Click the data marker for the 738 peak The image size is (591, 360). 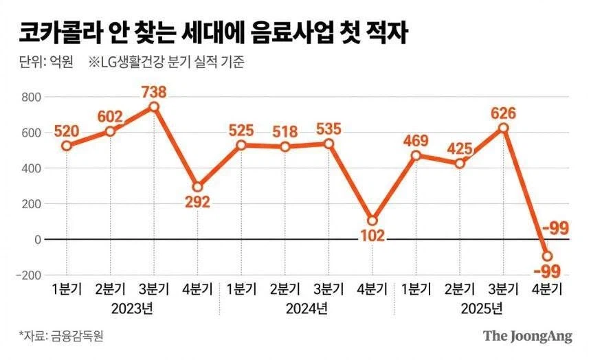[x=154, y=106]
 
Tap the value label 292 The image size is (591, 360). [x=197, y=202]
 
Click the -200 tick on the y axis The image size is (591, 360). [x=28, y=275]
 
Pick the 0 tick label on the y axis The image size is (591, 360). [x=37, y=239]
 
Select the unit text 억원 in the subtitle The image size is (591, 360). [x=58, y=62]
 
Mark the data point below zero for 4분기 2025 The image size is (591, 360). [x=548, y=256]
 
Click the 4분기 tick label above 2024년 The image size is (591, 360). [x=372, y=288]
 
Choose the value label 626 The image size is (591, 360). [x=503, y=113]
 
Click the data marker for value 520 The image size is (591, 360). [x=66, y=146]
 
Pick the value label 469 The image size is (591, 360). [x=416, y=142]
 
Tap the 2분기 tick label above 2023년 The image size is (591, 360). [x=110, y=288]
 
